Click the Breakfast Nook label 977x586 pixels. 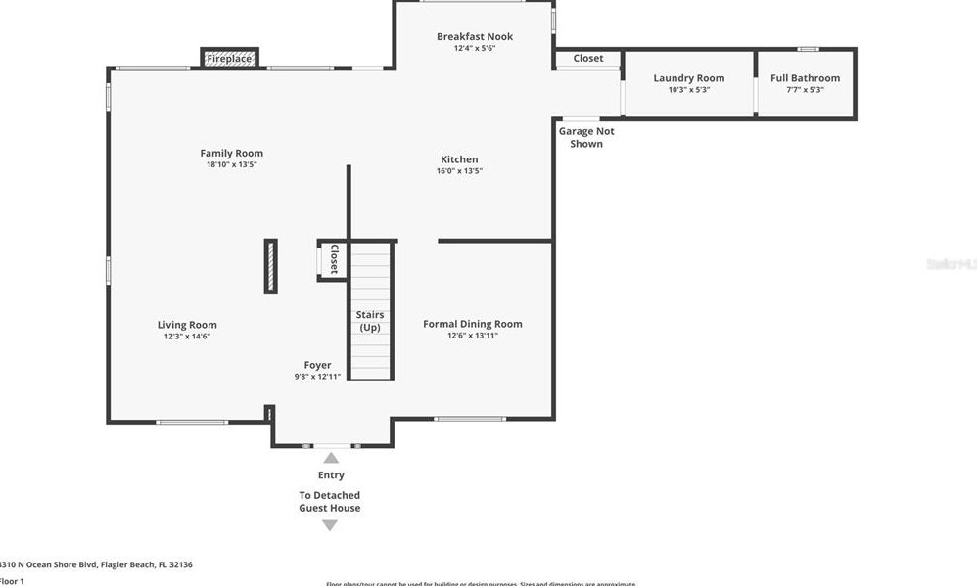coord(475,37)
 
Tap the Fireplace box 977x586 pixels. coord(229,59)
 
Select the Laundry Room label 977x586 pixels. coord(689,78)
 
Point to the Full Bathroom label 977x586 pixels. coord(805,78)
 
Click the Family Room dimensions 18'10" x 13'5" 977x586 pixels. coord(231,165)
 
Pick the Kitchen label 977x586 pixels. coord(459,159)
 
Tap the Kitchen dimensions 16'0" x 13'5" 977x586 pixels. coord(459,171)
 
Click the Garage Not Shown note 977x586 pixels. coord(586,137)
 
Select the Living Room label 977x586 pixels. coord(187,325)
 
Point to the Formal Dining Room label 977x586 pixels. coord(472,324)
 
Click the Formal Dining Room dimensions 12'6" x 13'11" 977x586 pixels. coord(472,336)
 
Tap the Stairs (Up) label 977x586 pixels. coord(370,321)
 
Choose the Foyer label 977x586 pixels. coord(317,365)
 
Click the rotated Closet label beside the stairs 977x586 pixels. coord(334,259)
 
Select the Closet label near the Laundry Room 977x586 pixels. coord(588,59)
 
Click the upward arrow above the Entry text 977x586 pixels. coord(331,457)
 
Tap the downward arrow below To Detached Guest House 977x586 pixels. coord(330,525)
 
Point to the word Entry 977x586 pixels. coord(331,475)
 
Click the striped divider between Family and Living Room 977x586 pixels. coord(270,265)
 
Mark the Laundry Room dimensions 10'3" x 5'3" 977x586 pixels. coord(689,90)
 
